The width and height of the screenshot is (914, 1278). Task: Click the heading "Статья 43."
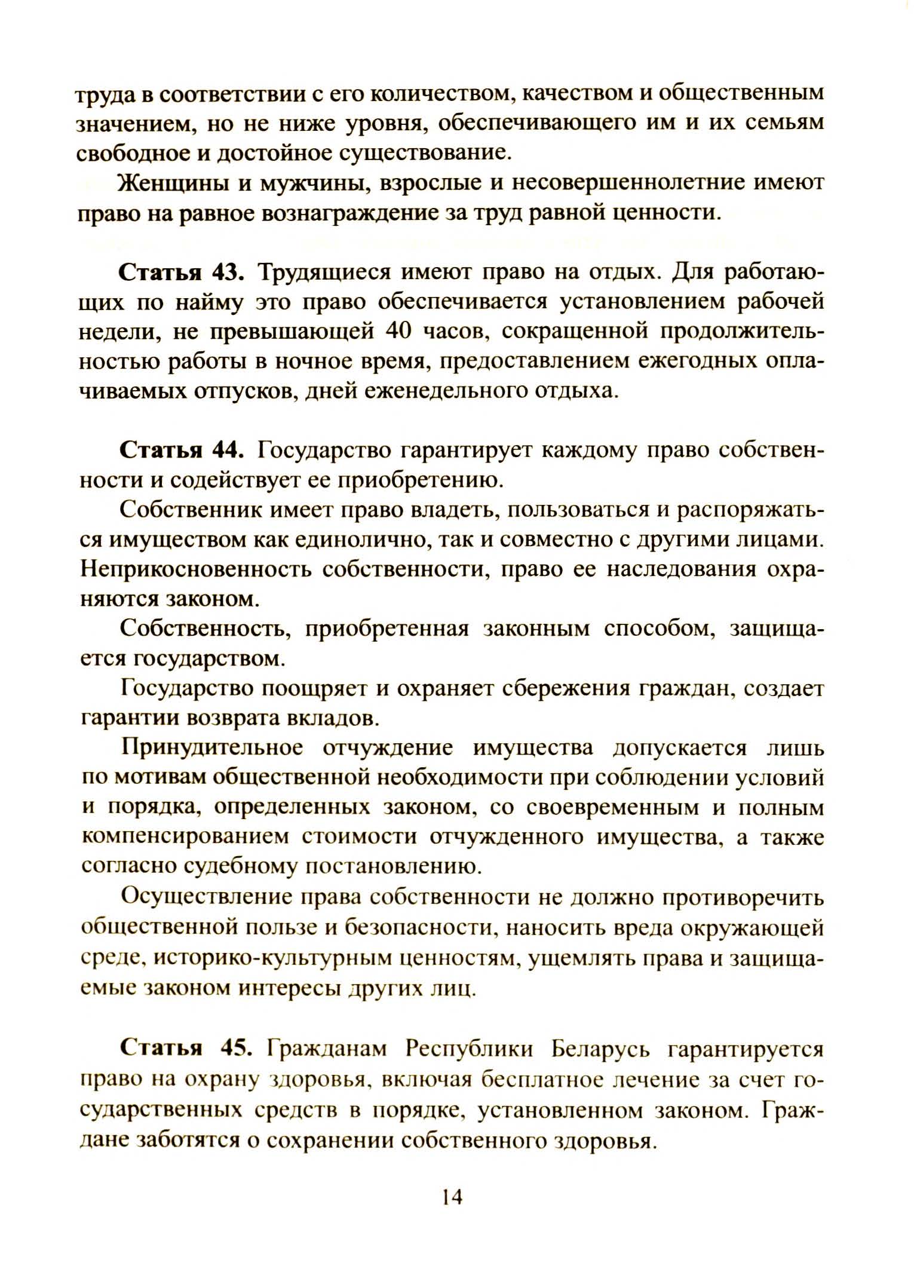tap(182, 272)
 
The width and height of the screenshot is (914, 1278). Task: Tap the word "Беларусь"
tap(598, 1049)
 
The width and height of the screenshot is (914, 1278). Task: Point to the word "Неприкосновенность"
tap(195, 569)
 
